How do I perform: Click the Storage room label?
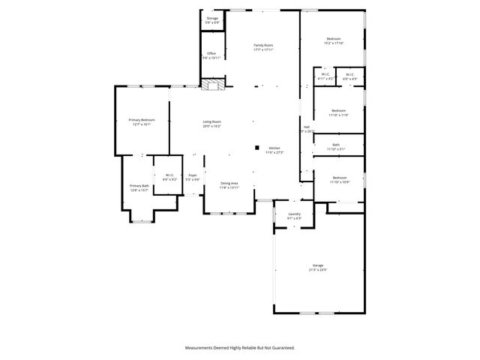click(x=213, y=19)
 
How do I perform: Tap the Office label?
click(x=212, y=53)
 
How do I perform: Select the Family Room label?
click(x=263, y=46)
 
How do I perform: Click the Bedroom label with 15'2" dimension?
click(x=334, y=39)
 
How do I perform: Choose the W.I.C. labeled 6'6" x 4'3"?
click(x=349, y=74)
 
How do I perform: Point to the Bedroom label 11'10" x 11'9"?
click(x=339, y=110)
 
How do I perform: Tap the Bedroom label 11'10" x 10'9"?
click(x=339, y=178)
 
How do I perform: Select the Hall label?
click(x=306, y=127)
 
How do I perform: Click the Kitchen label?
click(x=274, y=148)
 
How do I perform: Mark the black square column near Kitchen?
click(x=256, y=148)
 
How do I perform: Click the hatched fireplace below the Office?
click(x=214, y=86)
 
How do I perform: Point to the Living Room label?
click(x=212, y=121)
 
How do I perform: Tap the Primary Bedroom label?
click(x=141, y=120)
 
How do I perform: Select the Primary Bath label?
click(x=139, y=185)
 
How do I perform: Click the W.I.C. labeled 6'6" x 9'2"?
click(x=169, y=175)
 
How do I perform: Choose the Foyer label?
click(x=193, y=175)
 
